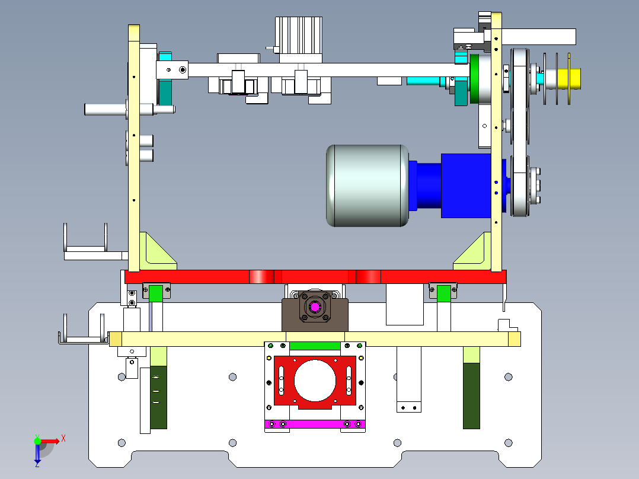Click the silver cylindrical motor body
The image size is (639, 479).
(x=368, y=186)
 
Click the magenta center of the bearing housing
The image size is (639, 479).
(x=315, y=307)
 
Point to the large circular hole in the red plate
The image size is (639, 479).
(x=315, y=381)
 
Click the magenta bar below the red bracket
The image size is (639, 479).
(x=315, y=424)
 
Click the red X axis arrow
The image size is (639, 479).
(x=51, y=441)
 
